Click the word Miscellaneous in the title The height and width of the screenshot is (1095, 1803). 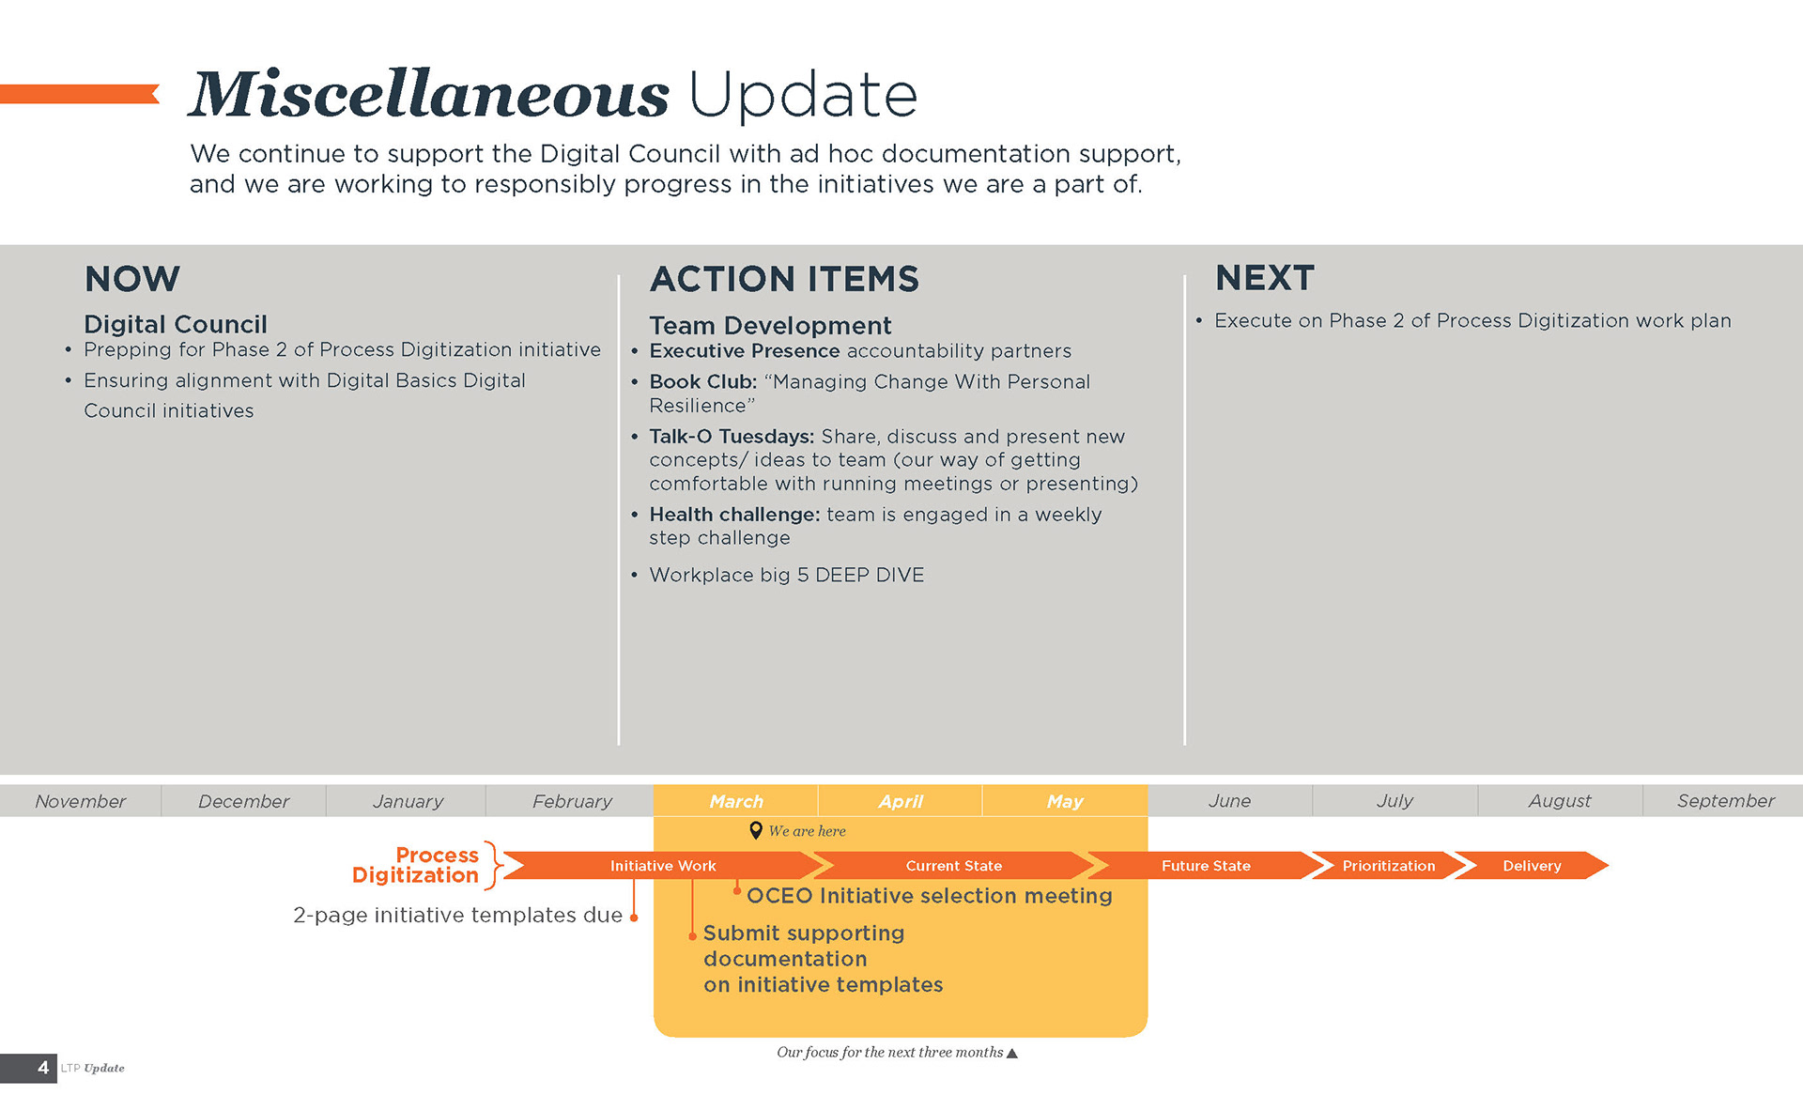tap(429, 94)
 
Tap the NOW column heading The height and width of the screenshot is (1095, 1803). tap(132, 279)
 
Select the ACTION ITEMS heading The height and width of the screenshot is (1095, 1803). tap(784, 279)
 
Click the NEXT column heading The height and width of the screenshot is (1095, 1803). tap(1265, 278)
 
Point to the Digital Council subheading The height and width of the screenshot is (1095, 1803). tap(176, 324)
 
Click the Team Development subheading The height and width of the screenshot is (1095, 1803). tap(770, 326)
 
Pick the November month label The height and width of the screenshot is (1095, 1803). tap(80, 801)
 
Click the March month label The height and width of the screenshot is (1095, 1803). tap(736, 801)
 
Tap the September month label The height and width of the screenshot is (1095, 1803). tap(1726, 801)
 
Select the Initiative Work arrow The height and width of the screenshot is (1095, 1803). tap(663, 865)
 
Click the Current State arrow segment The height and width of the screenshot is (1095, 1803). tap(954, 865)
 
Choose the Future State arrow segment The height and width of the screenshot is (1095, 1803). tap(1206, 865)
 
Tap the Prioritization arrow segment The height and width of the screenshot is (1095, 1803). tap(1389, 865)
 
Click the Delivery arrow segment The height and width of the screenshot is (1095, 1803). tap(1532, 865)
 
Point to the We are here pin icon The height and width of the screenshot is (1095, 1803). tap(756, 830)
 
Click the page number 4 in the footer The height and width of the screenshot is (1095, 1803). tap(43, 1068)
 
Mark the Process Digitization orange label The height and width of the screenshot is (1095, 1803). tap(416, 865)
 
